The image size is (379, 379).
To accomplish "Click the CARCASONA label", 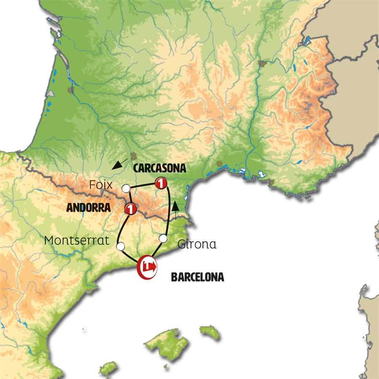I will pyautogui.click(x=159, y=168).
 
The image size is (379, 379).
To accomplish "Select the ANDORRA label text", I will pyautogui.click(x=88, y=208).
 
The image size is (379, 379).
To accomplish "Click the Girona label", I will pyautogui.click(x=197, y=244).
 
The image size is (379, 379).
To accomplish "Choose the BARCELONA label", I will pyautogui.click(x=197, y=277).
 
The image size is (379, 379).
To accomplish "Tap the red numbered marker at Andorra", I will pyautogui.click(x=130, y=208).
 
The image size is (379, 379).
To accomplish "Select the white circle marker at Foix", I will pyautogui.click(x=125, y=188).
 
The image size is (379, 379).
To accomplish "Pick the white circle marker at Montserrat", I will pyautogui.click(x=121, y=246).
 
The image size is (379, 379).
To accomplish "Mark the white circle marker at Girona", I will pyautogui.click(x=163, y=239).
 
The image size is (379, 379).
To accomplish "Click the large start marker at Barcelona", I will pyautogui.click(x=147, y=267).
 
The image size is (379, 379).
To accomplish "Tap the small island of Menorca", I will pyautogui.click(x=209, y=332).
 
